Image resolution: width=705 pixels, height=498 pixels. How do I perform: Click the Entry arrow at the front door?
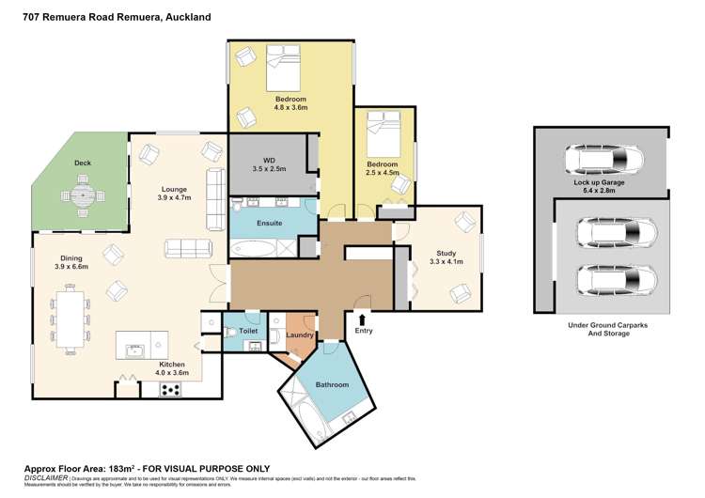362,320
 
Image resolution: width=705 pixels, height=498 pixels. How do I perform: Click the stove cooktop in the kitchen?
170,388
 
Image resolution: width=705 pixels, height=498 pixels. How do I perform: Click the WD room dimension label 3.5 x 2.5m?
269,169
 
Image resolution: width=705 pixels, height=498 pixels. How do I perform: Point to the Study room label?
446,253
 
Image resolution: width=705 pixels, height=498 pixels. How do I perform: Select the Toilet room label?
248,331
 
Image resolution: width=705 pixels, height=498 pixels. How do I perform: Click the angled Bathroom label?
332,385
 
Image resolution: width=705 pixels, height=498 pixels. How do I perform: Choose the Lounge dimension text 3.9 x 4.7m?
174,198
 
